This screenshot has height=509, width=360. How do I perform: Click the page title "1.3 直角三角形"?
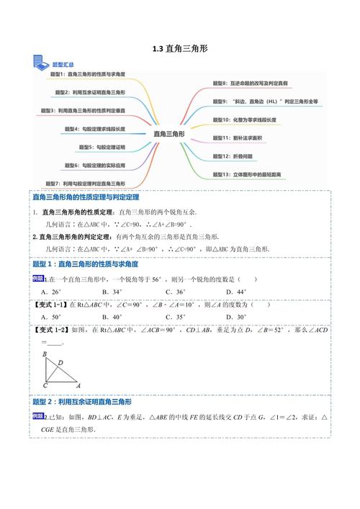pos(179,49)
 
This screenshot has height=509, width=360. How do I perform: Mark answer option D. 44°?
pos(235,292)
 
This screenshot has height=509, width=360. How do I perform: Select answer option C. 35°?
pos(175,317)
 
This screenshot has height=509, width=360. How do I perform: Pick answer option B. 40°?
pos(112,317)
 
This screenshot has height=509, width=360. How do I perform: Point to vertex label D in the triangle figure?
pos(60,362)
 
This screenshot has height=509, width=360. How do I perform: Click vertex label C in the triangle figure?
pos(45,384)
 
